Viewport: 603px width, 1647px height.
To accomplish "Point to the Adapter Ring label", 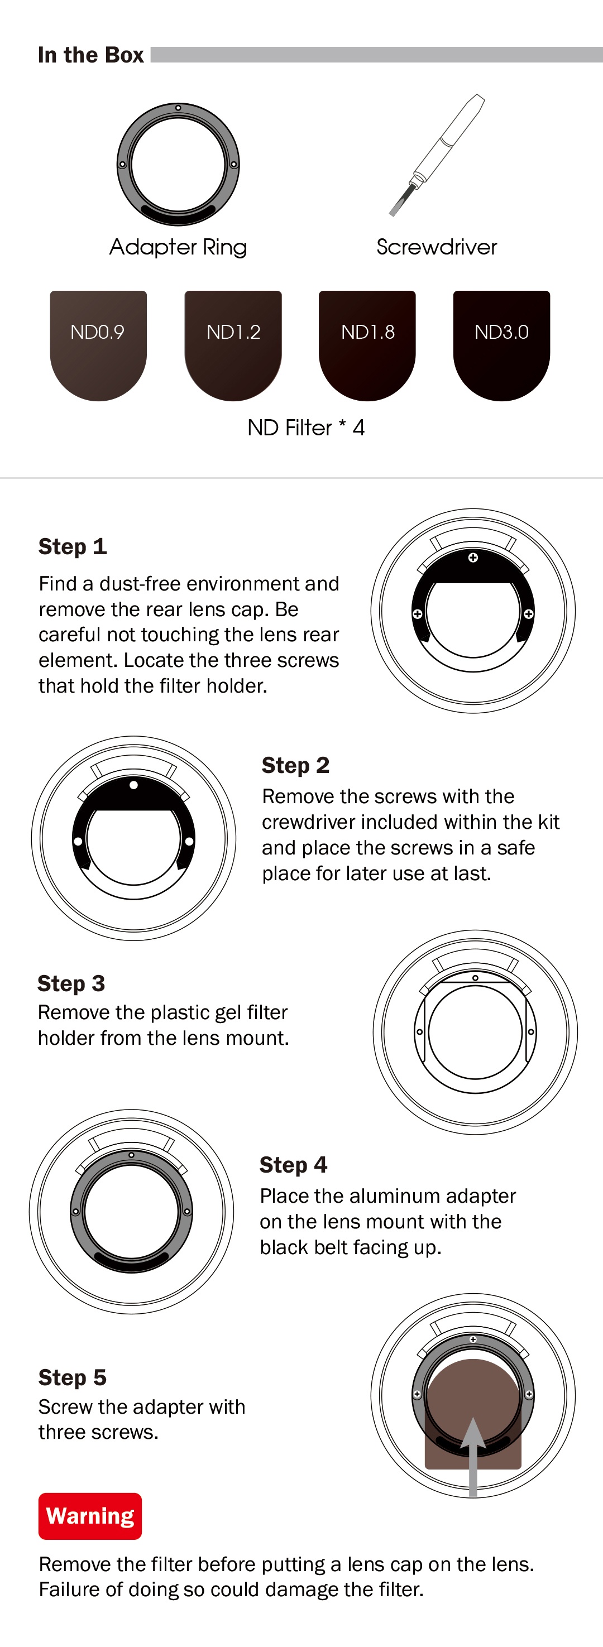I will [178, 247].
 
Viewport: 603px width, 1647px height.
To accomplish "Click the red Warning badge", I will [90, 1516].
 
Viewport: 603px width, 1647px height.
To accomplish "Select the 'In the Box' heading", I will [91, 55].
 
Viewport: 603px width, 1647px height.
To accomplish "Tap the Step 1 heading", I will [72, 546].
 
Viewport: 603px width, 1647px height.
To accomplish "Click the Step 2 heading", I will [295, 765].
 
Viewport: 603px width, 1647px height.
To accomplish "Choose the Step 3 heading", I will [71, 983].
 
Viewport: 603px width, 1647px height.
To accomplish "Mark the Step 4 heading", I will [293, 1165].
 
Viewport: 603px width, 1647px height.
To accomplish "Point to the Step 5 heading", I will [72, 1377].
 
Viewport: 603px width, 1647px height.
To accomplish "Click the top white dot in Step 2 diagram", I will [133, 785].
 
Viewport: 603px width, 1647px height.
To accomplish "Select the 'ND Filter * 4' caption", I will [305, 428].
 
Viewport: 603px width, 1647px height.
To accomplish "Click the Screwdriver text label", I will [437, 247].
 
